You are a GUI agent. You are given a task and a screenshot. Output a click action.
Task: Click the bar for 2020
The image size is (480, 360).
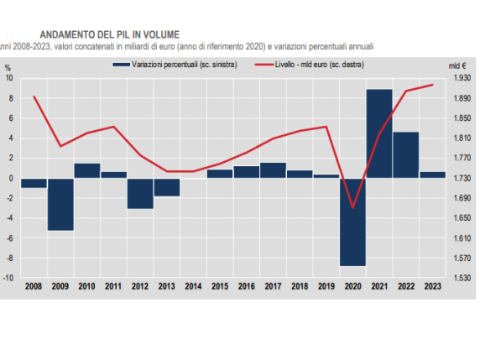[352, 222]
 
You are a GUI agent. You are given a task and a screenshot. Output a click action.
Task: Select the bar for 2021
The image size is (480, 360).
[378, 133]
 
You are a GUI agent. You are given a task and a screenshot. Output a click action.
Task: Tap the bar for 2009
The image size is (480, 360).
[60, 204]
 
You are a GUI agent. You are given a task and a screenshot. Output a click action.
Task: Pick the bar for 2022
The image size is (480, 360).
[405, 155]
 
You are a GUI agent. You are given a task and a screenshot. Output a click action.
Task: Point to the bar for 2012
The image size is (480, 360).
[140, 193]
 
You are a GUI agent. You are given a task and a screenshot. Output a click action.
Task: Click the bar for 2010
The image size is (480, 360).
[87, 170]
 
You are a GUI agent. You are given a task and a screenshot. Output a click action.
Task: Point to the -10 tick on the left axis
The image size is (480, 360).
[8, 278]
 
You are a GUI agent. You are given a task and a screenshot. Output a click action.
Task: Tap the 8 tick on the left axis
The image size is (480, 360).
[10, 98]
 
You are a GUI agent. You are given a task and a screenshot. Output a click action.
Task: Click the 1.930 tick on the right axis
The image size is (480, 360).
[460, 78]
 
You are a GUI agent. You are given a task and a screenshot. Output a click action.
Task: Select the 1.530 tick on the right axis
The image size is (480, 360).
[460, 278]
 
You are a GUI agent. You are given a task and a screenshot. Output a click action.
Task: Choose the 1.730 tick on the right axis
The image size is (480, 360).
[460, 178]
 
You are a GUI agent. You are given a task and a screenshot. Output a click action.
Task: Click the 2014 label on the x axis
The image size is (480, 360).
[193, 287]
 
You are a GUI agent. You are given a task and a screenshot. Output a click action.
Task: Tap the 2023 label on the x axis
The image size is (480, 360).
[432, 287]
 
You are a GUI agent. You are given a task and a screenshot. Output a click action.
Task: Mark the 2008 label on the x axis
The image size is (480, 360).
[34, 287]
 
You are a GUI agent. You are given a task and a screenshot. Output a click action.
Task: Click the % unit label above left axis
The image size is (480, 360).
[8, 65]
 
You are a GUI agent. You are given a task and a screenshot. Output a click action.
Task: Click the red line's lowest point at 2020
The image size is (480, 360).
[352, 207]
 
